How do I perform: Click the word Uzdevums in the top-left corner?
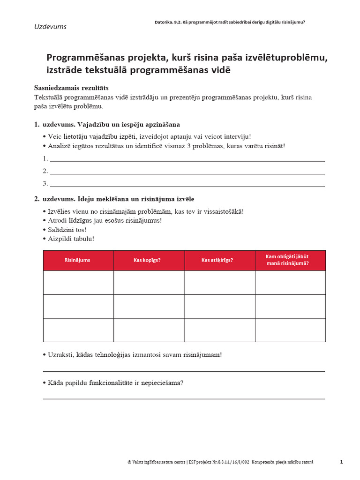(50, 27)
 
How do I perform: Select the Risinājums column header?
(77, 260)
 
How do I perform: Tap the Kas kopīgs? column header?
(149, 260)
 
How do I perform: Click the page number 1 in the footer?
(341, 462)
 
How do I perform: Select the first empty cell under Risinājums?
(78, 283)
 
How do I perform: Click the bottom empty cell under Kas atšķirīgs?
(219, 330)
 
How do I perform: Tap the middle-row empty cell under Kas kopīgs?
(149, 307)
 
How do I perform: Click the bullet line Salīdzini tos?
(67, 230)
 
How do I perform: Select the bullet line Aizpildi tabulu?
(71, 239)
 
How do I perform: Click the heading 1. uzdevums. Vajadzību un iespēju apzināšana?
(107, 125)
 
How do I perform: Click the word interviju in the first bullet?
(236, 136)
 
